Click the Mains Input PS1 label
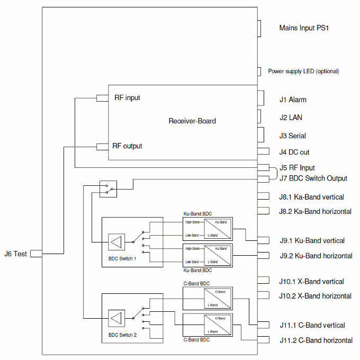point(304,28)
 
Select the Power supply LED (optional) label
point(303,71)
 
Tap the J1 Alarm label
point(293,100)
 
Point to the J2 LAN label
point(291,118)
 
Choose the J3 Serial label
point(293,136)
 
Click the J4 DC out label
point(294,152)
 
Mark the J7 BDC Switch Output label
point(313,178)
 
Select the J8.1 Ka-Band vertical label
point(311,197)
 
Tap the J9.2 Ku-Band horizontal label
point(316,256)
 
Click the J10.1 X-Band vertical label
point(311,282)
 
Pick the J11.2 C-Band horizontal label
point(316,340)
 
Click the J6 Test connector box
point(36,254)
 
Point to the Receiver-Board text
point(192,121)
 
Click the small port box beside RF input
point(102,98)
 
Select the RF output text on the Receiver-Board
point(127,146)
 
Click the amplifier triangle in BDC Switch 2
point(116,319)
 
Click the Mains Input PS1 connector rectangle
point(260,29)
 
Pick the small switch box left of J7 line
point(108,188)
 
